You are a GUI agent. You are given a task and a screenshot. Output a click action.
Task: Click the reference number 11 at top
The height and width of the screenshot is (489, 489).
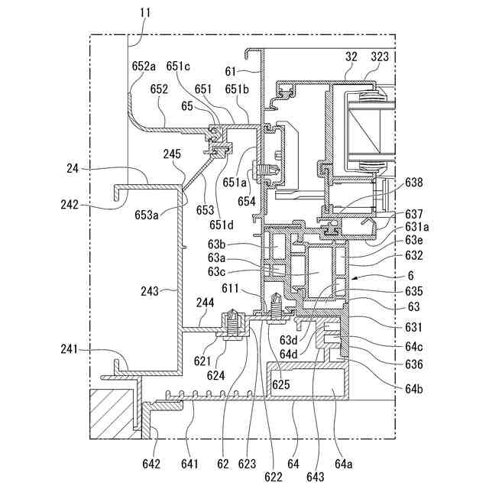pyautogui.click(x=145, y=13)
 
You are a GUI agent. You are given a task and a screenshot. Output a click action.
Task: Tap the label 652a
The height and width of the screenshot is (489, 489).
pyautogui.click(x=144, y=66)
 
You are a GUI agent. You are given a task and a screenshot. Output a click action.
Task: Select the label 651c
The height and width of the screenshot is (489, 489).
pyautogui.click(x=178, y=66)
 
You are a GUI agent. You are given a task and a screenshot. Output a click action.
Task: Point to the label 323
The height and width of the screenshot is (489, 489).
pyautogui.click(x=380, y=57)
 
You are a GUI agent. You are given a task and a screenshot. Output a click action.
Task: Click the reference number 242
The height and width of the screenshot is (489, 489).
pyautogui.click(x=70, y=205)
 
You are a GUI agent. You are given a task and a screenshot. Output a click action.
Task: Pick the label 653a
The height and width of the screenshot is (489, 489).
pyautogui.click(x=147, y=215)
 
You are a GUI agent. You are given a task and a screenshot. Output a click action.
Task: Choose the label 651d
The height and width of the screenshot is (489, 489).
pyautogui.click(x=222, y=225)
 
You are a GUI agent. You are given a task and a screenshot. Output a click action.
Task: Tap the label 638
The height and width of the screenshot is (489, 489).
pyautogui.click(x=414, y=183)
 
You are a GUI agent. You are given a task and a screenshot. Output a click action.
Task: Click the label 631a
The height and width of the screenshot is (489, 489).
pyautogui.click(x=417, y=227)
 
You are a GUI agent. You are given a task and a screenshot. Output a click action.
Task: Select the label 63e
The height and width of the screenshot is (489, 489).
pyautogui.click(x=414, y=241)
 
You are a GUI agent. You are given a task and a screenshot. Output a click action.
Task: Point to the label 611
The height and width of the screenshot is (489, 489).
pyautogui.click(x=230, y=289)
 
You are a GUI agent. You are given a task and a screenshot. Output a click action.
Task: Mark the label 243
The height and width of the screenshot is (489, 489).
pyautogui.click(x=150, y=292)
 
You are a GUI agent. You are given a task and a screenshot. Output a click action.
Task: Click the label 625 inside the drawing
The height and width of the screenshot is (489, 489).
pyautogui.click(x=281, y=384)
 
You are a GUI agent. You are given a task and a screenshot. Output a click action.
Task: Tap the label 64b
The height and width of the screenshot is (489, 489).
pyautogui.click(x=414, y=389)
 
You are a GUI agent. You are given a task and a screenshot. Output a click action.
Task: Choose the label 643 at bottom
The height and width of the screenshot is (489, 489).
pyautogui.click(x=316, y=477)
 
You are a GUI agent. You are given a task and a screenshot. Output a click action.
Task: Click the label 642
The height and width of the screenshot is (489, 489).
pyautogui.click(x=151, y=464)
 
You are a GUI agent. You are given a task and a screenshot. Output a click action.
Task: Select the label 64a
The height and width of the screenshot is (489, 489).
pyautogui.click(x=344, y=464)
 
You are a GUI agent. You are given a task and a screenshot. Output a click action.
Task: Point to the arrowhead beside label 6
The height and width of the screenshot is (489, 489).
pyautogui.click(x=354, y=278)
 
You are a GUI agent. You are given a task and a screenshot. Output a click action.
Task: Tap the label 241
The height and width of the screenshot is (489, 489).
pyautogui.click(x=69, y=349)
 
